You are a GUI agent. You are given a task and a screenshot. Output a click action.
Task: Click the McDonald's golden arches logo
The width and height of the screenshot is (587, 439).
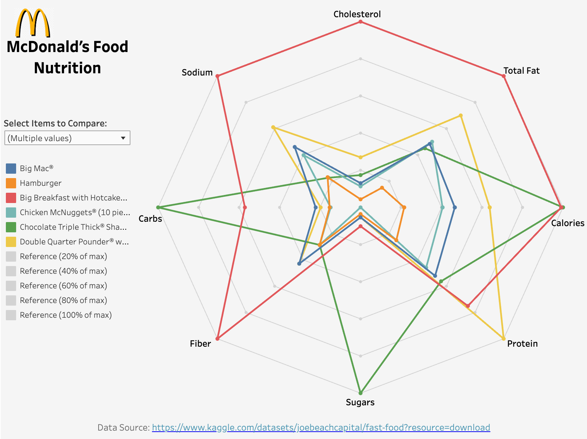click(x=33, y=23)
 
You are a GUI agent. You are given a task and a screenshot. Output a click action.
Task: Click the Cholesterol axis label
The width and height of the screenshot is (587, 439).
click(x=357, y=14)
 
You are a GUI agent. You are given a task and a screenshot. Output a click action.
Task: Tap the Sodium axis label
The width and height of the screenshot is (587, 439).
click(x=197, y=73)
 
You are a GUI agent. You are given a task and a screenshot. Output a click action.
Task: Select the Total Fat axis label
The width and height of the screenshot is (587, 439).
click(x=521, y=71)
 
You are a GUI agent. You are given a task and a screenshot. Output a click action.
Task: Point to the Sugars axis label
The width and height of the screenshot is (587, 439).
click(x=360, y=402)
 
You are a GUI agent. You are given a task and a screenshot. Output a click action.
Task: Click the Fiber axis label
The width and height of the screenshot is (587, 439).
click(x=200, y=344)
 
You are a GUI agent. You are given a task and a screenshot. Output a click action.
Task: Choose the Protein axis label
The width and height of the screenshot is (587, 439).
click(x=522, y=344)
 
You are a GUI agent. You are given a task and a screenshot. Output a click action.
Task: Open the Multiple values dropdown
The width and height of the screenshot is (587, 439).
click(x=67, y=138)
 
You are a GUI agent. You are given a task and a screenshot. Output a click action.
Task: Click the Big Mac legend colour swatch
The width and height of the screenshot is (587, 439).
click(x=11, y=169)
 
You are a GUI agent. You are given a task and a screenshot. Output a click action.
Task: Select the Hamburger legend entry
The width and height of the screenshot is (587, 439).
click(x=40, y=183)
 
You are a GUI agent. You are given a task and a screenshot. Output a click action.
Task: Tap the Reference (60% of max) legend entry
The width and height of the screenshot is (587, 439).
click(x=63, y=286)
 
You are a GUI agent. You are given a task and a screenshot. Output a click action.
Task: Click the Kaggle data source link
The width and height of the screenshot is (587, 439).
click(x=321, y=428)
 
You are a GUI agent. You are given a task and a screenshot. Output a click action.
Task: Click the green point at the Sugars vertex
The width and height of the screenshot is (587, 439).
click(x=361, y=393)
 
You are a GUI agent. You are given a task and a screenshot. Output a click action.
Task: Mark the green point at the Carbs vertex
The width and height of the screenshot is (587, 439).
click(x=158, y=207)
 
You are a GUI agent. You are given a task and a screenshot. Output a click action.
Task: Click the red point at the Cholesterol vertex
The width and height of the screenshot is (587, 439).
click(x=361, y=22)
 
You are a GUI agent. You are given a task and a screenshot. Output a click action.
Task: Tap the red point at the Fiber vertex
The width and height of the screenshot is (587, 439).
click(x=218, y=339)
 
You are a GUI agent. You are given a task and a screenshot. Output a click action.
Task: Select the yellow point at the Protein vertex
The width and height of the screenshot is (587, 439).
click(x=503, y=339)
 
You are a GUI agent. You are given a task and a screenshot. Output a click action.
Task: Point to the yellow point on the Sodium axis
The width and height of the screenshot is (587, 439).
click(x=273, y=128)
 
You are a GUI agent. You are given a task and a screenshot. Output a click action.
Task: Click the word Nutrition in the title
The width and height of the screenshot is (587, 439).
click(x=67, y=68)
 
